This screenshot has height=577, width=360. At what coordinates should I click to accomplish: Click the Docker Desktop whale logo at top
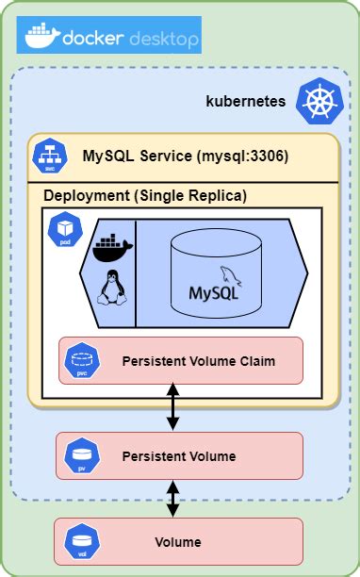(41, 38)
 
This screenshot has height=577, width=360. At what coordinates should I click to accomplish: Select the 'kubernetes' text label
(245, 100)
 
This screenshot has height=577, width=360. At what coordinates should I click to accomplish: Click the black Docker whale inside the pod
(113, 247)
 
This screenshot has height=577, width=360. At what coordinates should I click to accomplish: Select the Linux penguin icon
(111, 288)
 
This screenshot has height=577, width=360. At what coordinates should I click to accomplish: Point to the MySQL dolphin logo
(231, 276)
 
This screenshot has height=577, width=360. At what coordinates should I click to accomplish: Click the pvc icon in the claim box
(78, 360)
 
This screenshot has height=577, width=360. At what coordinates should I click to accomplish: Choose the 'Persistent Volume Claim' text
(198, 361)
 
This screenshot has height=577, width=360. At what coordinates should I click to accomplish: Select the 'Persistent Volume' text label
(179, 456)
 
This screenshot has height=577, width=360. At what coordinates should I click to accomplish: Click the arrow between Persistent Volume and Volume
(172, 498)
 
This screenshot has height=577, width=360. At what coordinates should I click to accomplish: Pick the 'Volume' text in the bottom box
(177, 542)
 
